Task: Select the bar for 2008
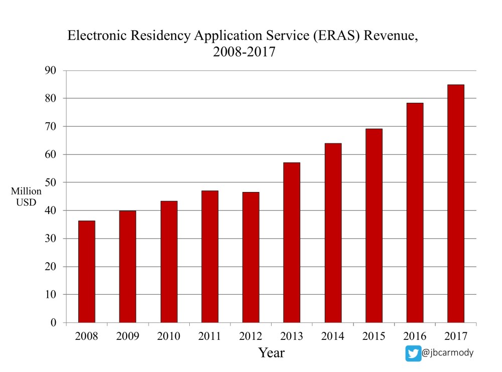87,271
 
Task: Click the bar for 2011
210,256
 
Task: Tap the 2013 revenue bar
292,242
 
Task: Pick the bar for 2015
374,225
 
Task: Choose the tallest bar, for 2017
456,203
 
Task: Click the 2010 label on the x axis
169,336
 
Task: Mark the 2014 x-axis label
333,336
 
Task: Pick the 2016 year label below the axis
415,336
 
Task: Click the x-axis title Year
272,353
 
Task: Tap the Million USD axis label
26,197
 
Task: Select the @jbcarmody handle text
448,353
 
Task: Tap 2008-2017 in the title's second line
244,52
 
